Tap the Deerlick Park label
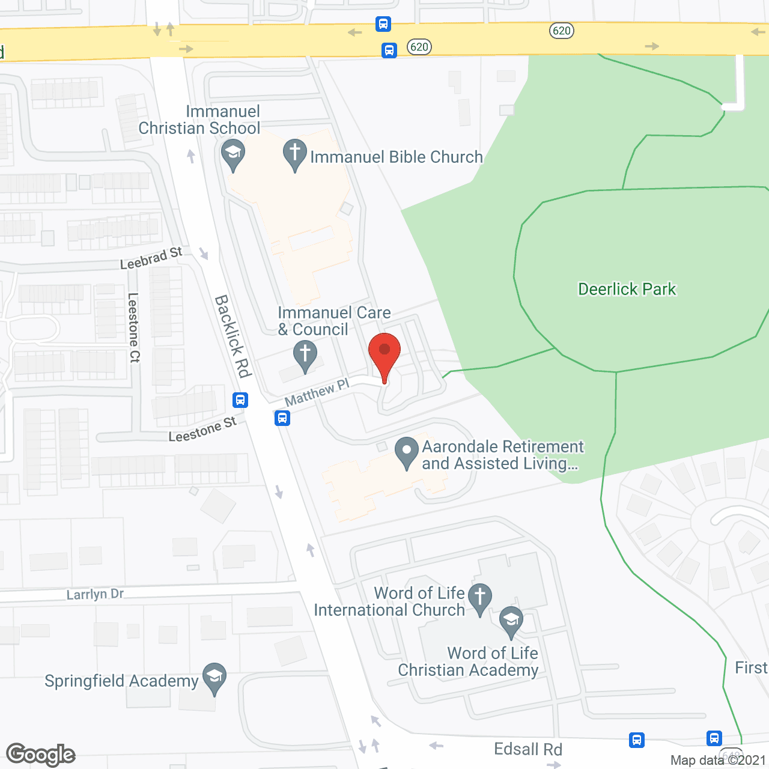tap(627, 289)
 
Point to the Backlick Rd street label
tap(233, 336)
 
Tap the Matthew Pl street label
tap(317, 392)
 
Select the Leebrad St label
tap(151, 258)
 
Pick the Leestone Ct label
tap(133, 327)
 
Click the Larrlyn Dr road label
tap(95, 594)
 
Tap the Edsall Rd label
tap(528, 749)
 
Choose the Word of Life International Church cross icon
tap(479, 598)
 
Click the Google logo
tap(41, 755)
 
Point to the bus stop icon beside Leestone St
tap(240, 400)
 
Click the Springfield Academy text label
tap(121, 681)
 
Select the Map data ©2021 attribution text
tap(718, 760)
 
